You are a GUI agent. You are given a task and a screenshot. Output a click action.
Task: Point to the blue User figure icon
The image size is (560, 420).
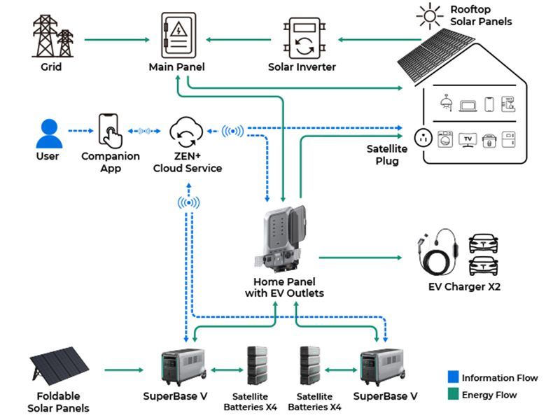point(49,133)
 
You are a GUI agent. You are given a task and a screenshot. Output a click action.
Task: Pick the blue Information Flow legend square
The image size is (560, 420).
point(452,377)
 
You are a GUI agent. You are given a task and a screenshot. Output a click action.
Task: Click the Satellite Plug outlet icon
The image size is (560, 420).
point(423,136)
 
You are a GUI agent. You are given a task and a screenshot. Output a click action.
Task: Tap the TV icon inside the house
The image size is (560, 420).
point(467,138)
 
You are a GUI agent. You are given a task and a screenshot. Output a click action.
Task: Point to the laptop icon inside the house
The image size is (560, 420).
point(468,104)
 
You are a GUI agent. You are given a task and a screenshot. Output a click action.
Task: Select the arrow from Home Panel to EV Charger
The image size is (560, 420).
point(364,258)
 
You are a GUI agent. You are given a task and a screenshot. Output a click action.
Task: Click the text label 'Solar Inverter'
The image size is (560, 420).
point(302,67)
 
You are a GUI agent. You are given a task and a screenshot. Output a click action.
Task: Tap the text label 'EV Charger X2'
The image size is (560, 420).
point(464,286)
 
